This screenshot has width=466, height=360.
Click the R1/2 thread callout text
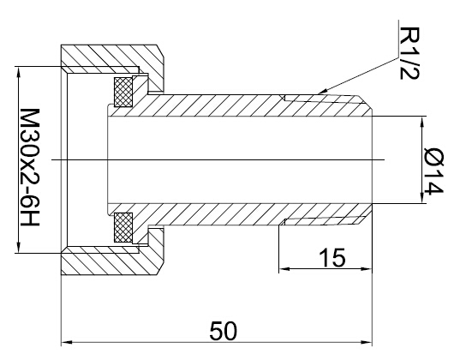pyautogui.click(x=409, y=53)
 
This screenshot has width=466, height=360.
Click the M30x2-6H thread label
pyautogui.click(x=30, y=167)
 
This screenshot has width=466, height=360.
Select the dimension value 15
pyautogui.click(x=332, y=257)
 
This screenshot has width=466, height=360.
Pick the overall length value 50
pyautogui.click(x=224, y=331)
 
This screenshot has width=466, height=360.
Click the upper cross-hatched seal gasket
pyautogui.click(x=123, y=92)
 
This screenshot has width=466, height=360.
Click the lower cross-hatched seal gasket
pyautogui.click(x=123, y=227)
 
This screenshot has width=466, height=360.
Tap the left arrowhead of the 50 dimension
pyautogui.click(x=67, y=343)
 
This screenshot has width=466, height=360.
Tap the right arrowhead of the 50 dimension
pyautogui.click(x=366, y=343)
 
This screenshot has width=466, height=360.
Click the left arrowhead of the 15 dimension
pyautogui.click(x=284, y=269)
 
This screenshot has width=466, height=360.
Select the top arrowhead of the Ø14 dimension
pyautogui.click(x=421, y=122)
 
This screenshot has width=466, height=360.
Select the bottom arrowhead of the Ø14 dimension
pyautogui.click(x=421, y=198)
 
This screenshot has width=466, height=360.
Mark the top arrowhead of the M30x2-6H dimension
pyautogui.click(x=19, y=72)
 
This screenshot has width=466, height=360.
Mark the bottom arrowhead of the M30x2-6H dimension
pyautogui.click(x=19, y=247)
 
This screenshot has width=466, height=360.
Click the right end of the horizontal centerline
pyautogui.click(x=385, y=160)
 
